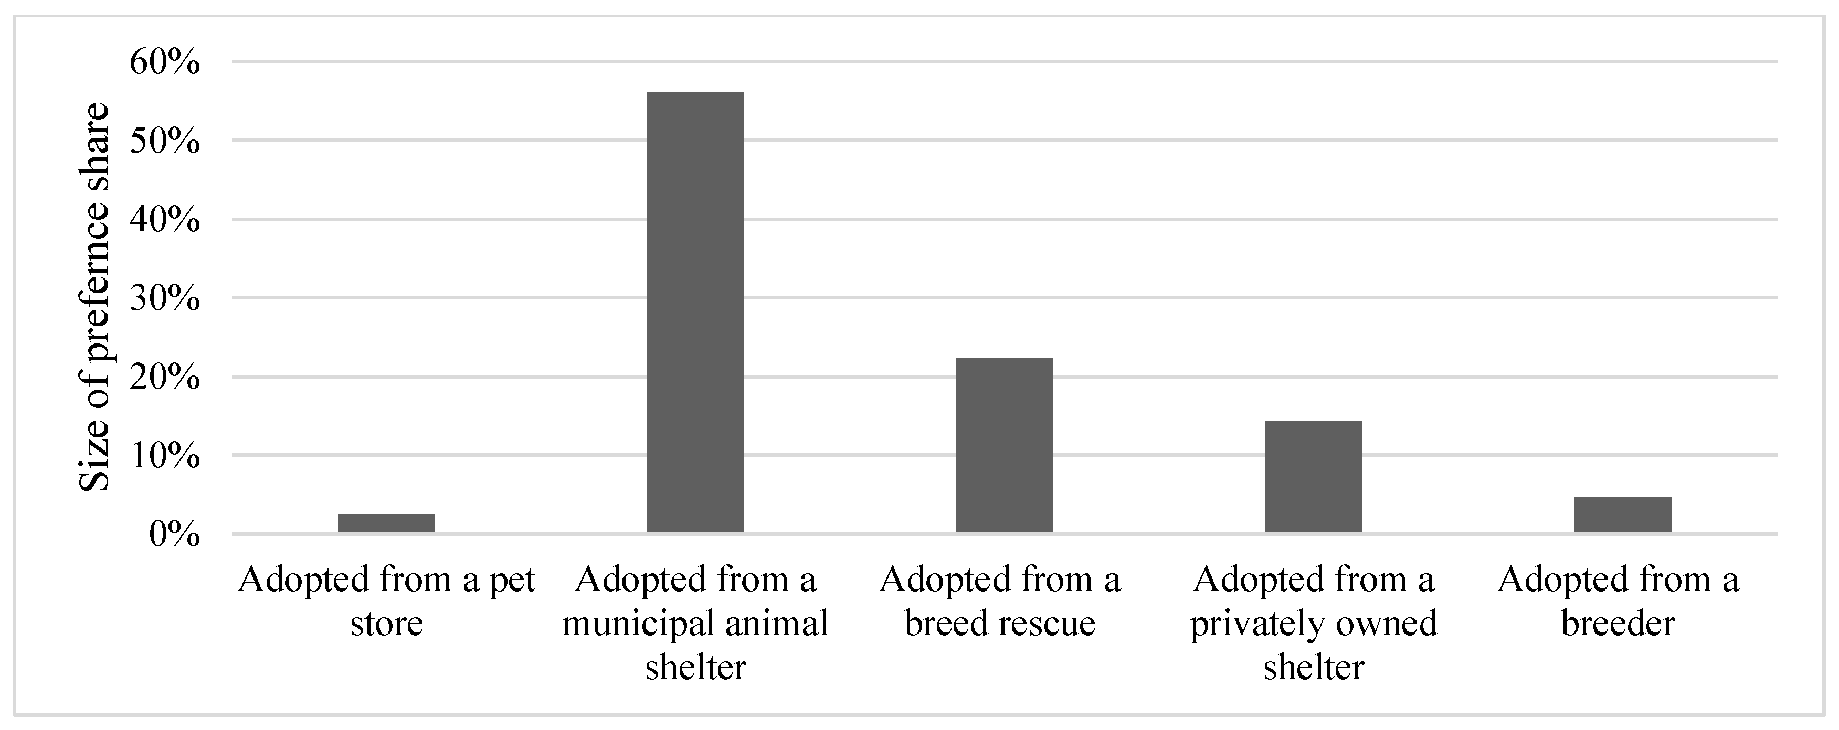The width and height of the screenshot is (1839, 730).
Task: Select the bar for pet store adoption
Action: (x=386, y=523)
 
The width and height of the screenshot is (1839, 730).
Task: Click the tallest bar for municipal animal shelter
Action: (x=695, y=312)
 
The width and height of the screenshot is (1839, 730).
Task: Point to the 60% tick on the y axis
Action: (x=165, y=63)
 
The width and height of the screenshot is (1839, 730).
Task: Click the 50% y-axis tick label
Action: (x=165, y=141)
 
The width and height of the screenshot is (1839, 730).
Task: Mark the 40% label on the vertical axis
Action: (x=165, y=220)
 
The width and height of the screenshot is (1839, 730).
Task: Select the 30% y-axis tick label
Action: (x=165, y=298)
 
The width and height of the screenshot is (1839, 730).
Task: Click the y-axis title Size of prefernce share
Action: (x=94, y=297)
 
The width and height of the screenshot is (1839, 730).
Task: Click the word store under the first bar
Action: (x=386, y=624)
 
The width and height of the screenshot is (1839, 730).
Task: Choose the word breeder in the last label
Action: (x=1618, y=624)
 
